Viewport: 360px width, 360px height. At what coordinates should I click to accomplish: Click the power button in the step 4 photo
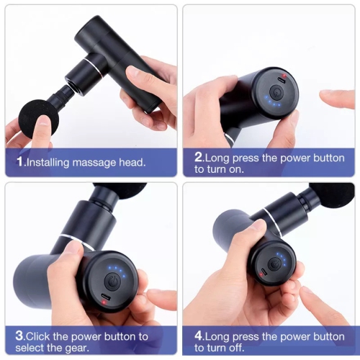pyautogui.click(x=274, y=264)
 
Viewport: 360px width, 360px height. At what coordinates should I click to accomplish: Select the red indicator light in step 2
pyautogui.click(x=284, y=75)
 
